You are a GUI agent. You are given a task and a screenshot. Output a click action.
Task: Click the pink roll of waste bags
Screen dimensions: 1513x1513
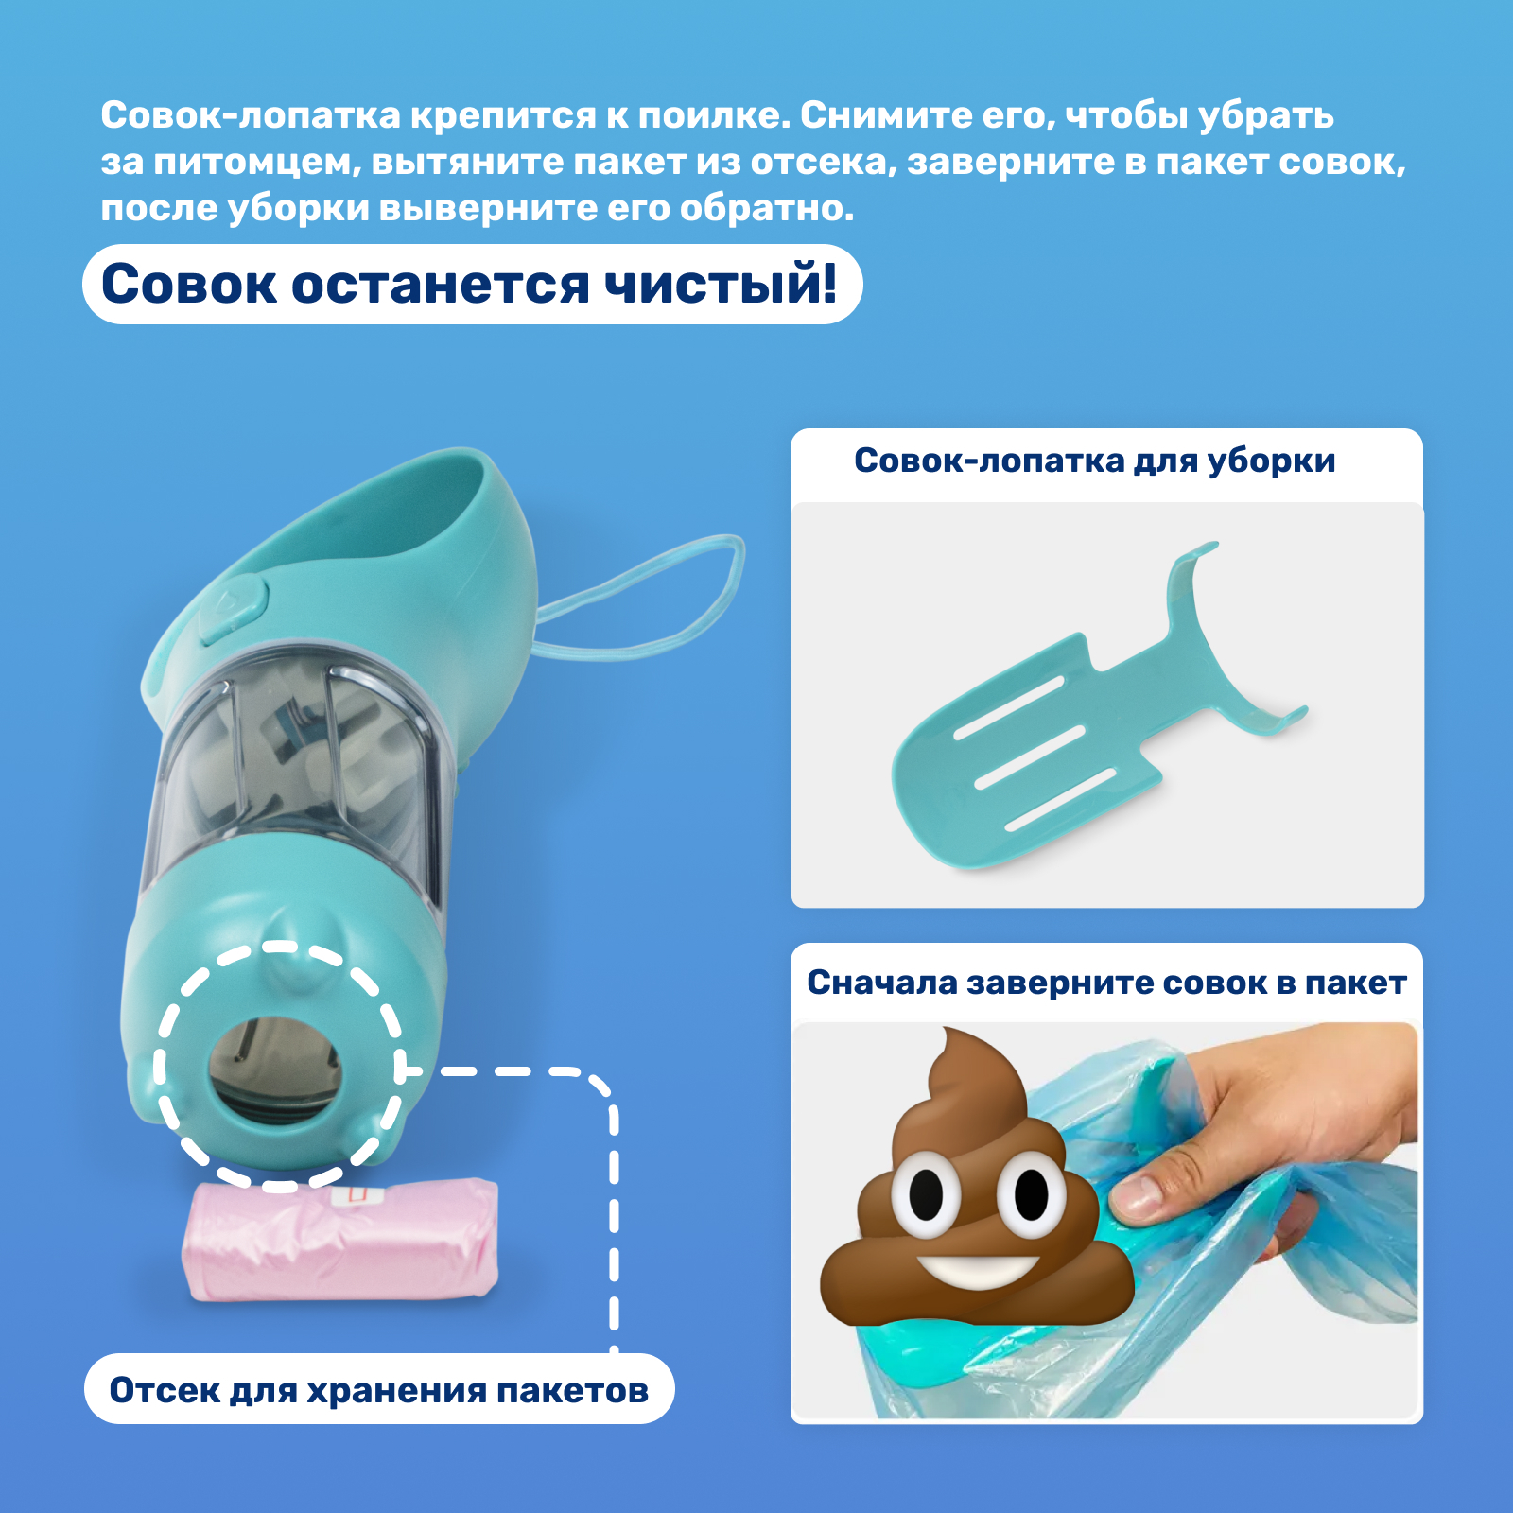point(340,1240)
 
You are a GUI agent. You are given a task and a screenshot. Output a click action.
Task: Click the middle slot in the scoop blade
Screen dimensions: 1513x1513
point(1029,756)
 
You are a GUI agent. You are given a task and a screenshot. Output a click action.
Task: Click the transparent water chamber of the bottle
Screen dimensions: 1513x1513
point(293,766)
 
